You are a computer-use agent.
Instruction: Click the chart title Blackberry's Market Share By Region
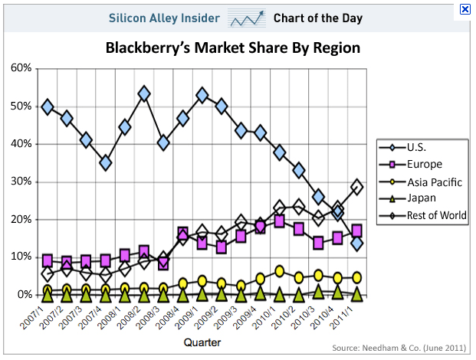tap(233, 48)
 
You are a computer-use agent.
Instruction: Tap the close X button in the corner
tap(465, 9)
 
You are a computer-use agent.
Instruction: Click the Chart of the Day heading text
tap(318, 18)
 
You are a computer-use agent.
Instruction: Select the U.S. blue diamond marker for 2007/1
tap(48, 107)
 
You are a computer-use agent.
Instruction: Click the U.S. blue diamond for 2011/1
tap(356, 243)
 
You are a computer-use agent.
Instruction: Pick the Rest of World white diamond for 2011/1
tap(356, 187)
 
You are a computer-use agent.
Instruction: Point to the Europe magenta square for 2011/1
tap(356, 231)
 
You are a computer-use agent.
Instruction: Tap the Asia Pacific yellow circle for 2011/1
tap(356, 277)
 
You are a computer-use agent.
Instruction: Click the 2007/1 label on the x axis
tap(38, 316)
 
